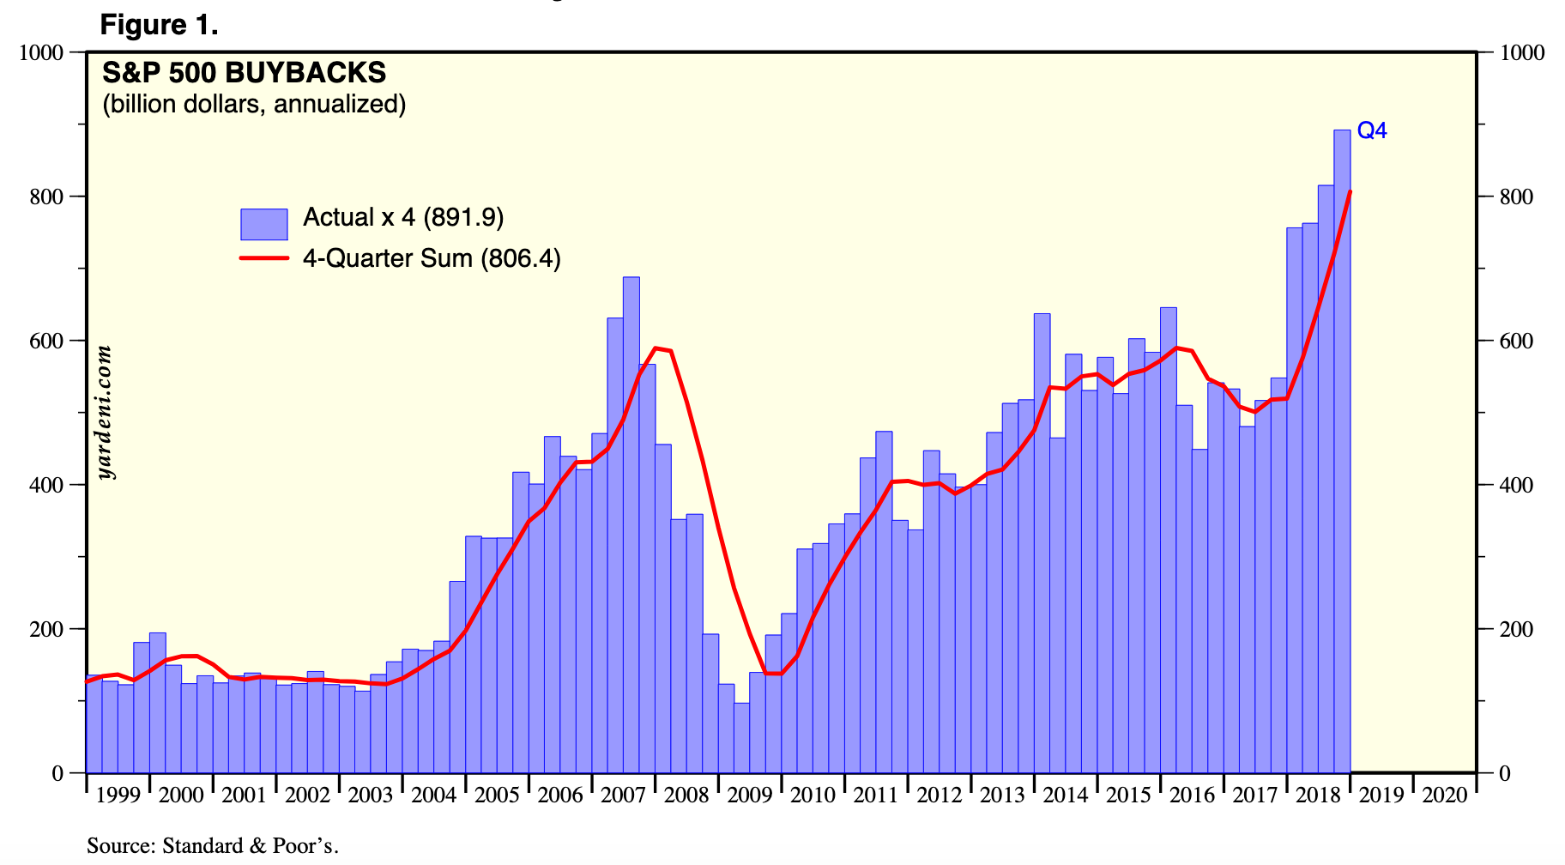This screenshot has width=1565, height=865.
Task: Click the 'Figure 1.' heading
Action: pyautogui.click(x=159, y=25)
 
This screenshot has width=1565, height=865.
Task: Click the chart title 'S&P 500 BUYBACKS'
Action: pyautogui.click(x=244, y=73)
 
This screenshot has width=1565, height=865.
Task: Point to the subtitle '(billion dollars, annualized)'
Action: pyautogui.click(x=254, y=104)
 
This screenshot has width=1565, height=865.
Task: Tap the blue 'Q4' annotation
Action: pyautogui.click(x=1371, y=130)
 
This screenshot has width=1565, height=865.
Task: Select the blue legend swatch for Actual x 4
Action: pyautogui.click(x=263, y=224)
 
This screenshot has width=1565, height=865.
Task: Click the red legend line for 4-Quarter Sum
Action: pyautogui.click(x=263, y=258)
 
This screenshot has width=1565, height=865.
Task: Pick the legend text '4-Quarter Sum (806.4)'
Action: pyautogui.click(x=432, y=258)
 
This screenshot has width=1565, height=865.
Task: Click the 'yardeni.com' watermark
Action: pyautogui.click(x=105, y=412)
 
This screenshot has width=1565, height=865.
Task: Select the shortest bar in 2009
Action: pyautogui.click(x=741, y=738)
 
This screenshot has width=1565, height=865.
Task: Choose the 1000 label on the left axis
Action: pyautogui.click(x=41, y=52)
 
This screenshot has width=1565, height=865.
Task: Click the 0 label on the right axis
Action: pyautogui.click(x=1504, y=773)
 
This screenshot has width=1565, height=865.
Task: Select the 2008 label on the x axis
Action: pyautogui.click(x=686, y=795)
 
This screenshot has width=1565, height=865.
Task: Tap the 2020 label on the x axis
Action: pyautogui.click(x=1445, y=795)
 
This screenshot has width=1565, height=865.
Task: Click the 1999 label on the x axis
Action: pyautogui.click(x=118, y=795)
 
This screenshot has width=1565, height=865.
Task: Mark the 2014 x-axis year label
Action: pyautogui.click(x=1066, y=795)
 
